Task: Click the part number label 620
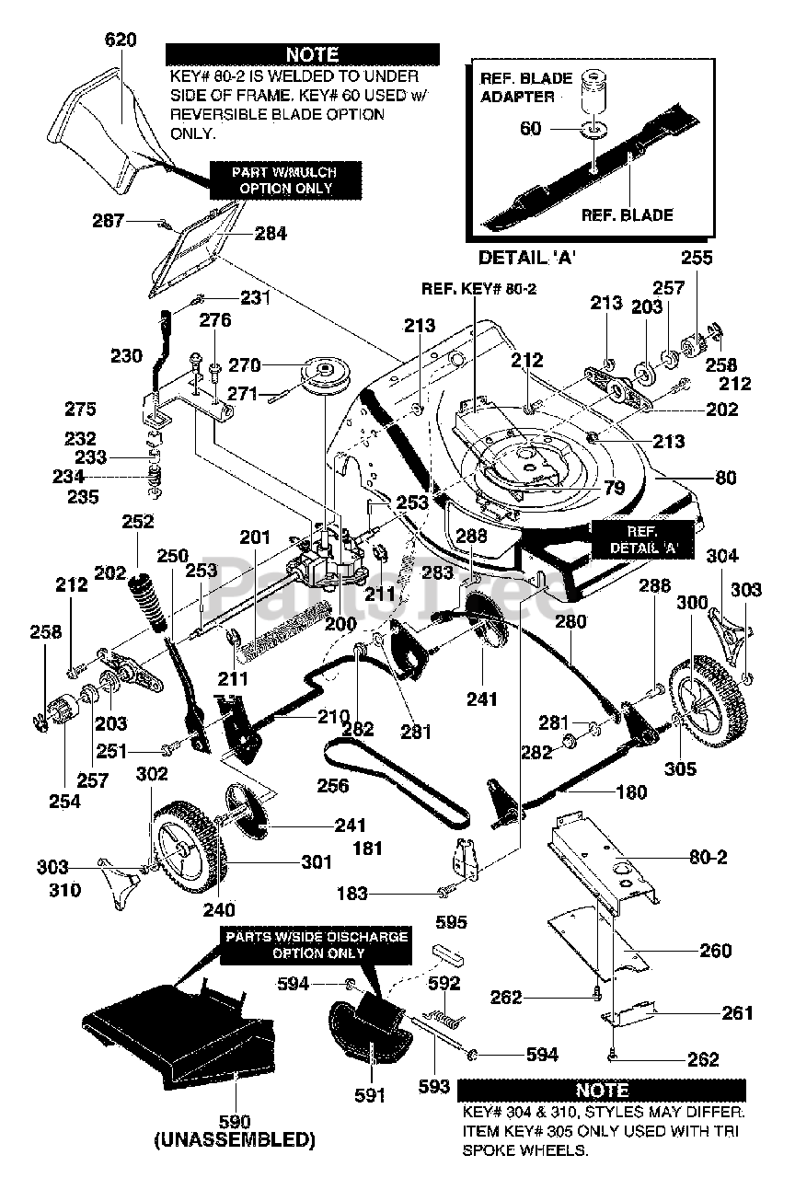(121, 40)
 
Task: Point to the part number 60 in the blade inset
(531, 129)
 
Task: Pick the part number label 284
(271, 234)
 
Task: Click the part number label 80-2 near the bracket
(709, 857)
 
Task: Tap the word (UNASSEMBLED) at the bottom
(235, 1139)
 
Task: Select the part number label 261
(737, 1013)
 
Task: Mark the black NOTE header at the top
(312, 55)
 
